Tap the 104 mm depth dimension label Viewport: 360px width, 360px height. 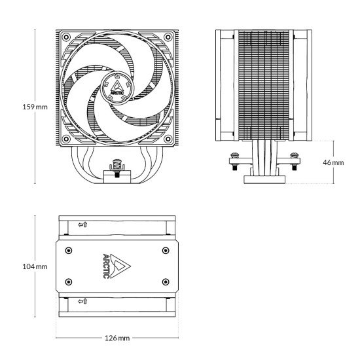35,266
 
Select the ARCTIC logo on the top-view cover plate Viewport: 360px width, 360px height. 113,266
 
